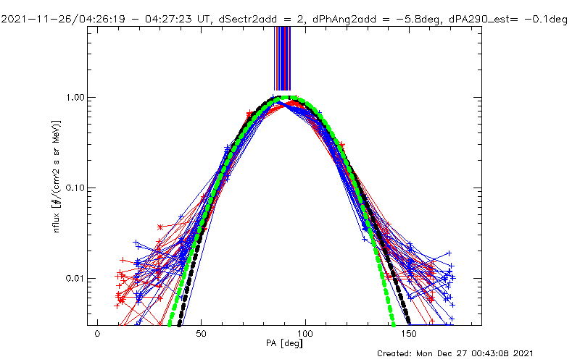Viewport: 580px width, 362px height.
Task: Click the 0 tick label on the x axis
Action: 97,335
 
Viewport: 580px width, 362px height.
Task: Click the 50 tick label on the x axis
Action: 202,335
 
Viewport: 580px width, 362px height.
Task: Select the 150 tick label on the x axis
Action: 410,335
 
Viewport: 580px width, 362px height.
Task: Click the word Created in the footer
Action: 394,353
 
